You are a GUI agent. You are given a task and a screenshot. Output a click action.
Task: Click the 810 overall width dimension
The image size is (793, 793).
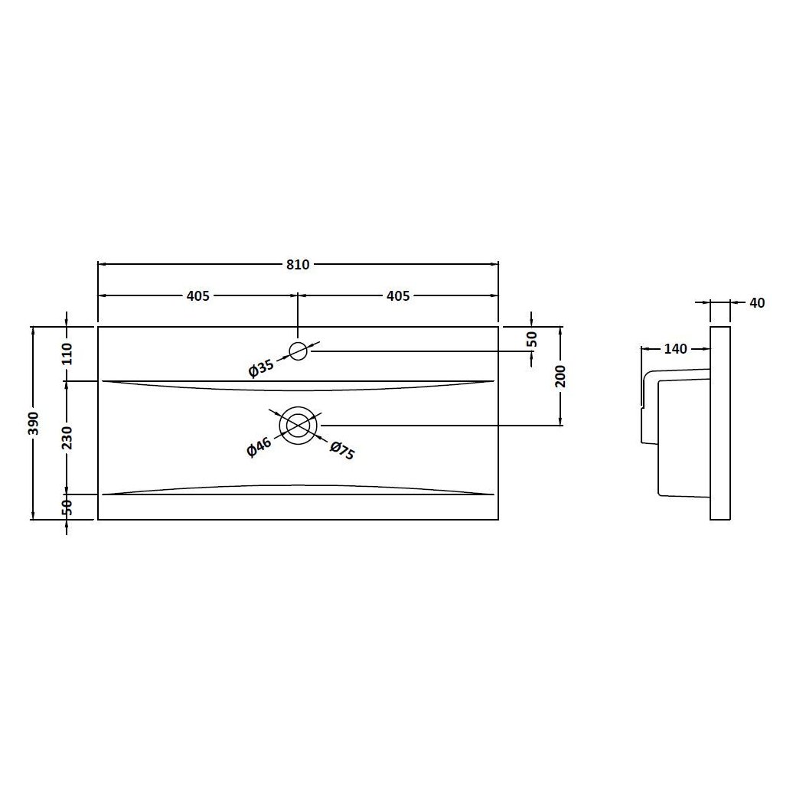[298, 265]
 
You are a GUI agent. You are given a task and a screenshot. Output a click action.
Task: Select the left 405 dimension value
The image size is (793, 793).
[198, 296]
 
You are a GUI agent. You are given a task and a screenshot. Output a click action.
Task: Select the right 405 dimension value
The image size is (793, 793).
[398, 296]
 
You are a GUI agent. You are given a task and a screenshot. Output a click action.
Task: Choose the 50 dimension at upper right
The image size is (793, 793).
[533, 338]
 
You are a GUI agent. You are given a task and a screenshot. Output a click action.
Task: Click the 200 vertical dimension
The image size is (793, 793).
[561, 376]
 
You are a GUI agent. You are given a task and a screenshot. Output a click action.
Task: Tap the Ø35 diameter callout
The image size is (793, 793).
[261, 369]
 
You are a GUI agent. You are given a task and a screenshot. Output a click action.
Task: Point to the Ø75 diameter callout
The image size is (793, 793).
[342, 450]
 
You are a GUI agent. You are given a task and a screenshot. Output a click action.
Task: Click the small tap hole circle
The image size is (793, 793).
[299, 351]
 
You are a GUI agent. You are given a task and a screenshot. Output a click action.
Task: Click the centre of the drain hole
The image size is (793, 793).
[299, 425]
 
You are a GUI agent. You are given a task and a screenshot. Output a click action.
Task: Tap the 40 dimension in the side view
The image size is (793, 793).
[756, 303]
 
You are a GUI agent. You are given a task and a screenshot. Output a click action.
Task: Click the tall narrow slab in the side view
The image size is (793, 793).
[720, 423]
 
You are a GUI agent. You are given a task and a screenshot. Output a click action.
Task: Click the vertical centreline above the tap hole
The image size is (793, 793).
[299, 318]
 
